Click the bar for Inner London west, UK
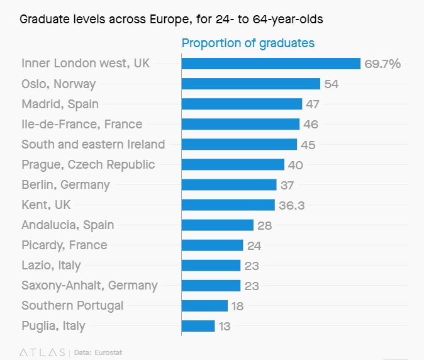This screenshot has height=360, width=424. [x=271, y=64]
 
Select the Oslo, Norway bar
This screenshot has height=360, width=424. [x=250, y=84]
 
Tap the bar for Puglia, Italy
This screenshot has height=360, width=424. [x=198, y=326]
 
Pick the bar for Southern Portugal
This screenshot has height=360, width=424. [x=204, y=306]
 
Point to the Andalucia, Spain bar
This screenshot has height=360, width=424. [x=217, y=225]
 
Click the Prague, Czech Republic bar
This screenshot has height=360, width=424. [x=233, y=165]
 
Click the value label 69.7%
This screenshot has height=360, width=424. [x=382, y=64]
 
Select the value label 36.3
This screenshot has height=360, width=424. [x=293, y=205]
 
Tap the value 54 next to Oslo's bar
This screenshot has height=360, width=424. [x=331, y=84]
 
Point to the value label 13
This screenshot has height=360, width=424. [x=225, y=326]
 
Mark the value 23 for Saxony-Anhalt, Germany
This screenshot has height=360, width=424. [x=252, y=286]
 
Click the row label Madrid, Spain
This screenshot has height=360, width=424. [x=60, y=104]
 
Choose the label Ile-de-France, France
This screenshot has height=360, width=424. [x=82, y=124]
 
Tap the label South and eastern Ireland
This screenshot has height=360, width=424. [x=93, y=144]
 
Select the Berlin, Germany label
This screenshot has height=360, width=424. [x=65, y=184]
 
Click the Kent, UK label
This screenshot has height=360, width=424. [x=46, y=205]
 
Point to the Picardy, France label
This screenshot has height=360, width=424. [x=64, y=245]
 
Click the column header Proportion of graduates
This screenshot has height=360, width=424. [x=248, y=43]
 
